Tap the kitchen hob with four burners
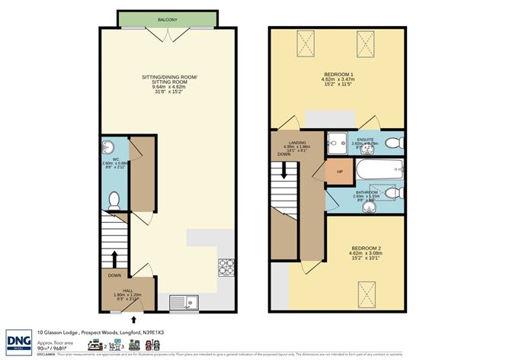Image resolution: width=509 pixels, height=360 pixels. point(226,268)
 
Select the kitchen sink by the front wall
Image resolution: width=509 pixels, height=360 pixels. point(183,303)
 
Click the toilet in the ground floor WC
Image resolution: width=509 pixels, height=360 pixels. point(114,200)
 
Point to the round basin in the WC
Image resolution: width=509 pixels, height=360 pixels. point(107,148)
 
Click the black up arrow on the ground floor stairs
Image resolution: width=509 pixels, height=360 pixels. point(114,256)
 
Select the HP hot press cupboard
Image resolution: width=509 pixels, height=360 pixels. point(340,172)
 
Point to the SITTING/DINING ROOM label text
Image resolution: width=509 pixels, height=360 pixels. point(169,79)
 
